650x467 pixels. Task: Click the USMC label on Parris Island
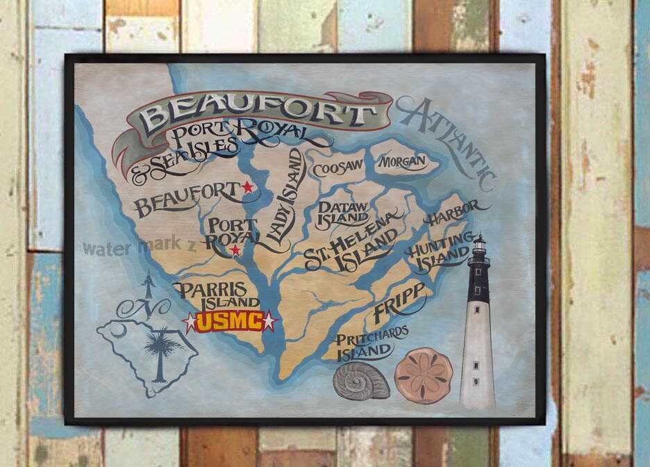tap(229, 322)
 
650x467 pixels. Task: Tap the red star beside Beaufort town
tap(247, 187)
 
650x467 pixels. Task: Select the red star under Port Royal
tap(235, 250)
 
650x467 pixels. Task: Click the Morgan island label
tap(402, 162)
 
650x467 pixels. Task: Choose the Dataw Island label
tap(343, 212)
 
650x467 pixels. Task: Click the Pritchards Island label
tap(372, 343)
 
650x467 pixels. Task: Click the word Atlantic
tap(448, 139)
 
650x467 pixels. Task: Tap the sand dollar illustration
tap(424, 376)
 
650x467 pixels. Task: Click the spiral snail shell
tap(361, 381)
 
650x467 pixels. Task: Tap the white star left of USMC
tap(189, 321)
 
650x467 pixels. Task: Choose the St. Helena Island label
tap(352, 246)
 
